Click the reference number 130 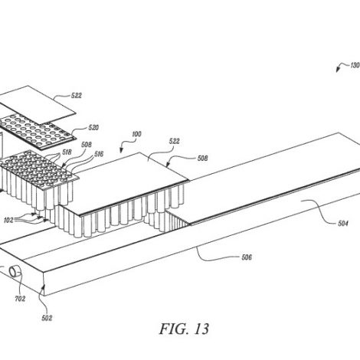click(x=355, y=65)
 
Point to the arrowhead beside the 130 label click(x=339, y=69)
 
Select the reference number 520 click(x=93, y=127)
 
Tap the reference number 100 click(x=136, y=134)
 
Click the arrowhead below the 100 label click(x=122, y=150)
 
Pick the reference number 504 click(x=343, y=224)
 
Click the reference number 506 click(x=247, y=257)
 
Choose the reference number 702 click(x=20, y=299)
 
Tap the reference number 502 click(x=47, y=318)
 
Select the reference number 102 click(x=8, y=220)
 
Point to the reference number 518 click(x=67, y=152)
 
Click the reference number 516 click(x=99, y=154)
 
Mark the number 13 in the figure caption click(x=201, y=329)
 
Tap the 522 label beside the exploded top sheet click(x=77, y=96)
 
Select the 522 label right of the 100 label click(x=174, y=141)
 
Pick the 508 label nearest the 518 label click(x=87, y=145)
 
